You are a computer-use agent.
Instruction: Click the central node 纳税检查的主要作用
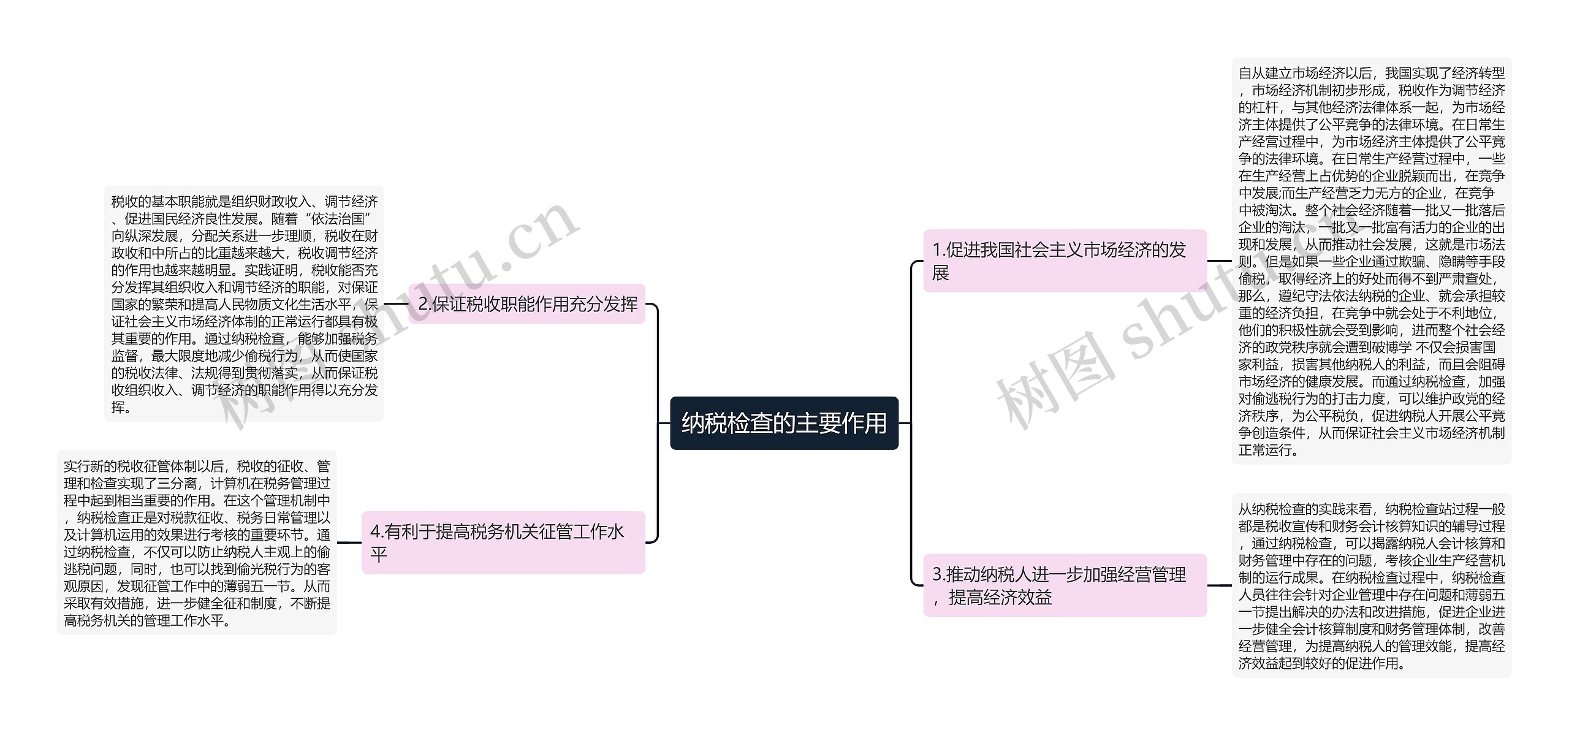[784, 423]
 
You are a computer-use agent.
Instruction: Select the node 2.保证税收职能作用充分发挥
[527, 304]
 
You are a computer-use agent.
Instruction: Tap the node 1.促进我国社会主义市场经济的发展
[1065, 261]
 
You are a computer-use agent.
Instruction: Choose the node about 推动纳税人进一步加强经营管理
[1065, 585]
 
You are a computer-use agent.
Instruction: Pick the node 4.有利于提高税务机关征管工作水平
[503, 543]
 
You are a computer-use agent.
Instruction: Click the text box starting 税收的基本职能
[244, 304]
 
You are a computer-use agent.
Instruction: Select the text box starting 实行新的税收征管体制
[197, 543]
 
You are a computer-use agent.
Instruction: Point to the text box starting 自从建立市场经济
[1371, 261]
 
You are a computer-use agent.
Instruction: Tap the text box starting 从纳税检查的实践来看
[1371, 585]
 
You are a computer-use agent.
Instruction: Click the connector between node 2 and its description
[396, 304]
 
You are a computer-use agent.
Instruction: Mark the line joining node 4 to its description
[349, 543]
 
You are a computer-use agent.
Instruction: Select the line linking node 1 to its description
[1219, 261]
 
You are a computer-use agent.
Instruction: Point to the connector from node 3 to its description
[1219, 585]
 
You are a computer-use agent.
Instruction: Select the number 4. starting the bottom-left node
[377, 531]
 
